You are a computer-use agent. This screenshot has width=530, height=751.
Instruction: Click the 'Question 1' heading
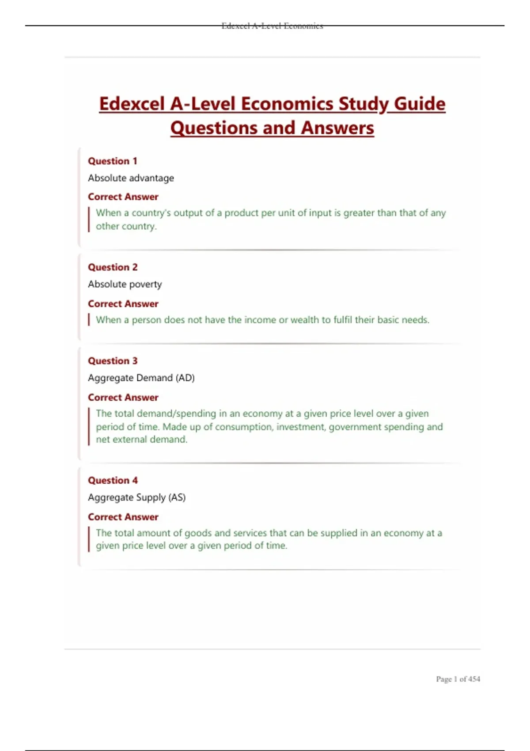click(113, 161)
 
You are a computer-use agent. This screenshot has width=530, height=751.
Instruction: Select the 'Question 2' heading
click(113, 267)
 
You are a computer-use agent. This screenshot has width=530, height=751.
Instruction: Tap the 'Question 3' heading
click(113, 361)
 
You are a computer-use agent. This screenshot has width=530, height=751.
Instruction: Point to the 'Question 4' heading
click(113, 480)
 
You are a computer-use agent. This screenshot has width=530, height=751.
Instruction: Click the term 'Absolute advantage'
click(131, 178)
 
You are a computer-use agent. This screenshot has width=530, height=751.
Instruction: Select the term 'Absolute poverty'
click(125, 284)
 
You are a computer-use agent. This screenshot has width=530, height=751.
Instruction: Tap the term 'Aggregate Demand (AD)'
click(141, 378)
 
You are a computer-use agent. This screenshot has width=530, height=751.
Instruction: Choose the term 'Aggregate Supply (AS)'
click(137, 497)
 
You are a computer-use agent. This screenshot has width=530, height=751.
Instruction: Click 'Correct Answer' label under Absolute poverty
click(123, 304)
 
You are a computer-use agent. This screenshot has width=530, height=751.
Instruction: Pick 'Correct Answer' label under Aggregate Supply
click(123, 517)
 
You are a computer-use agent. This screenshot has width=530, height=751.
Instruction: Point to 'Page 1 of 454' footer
click(458, 679)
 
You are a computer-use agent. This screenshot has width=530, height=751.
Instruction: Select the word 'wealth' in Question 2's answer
click(304, 320)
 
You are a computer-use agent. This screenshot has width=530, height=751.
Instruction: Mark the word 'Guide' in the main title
click(420, 104)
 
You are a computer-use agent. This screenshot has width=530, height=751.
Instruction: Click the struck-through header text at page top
click(272, 26)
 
